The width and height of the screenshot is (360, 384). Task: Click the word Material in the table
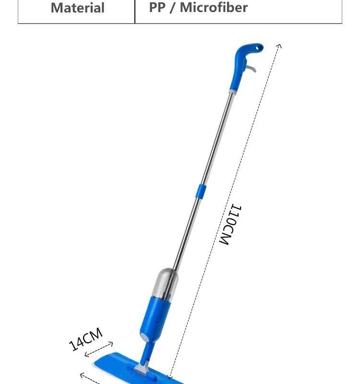point(78,8)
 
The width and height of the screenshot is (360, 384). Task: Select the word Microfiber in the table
point(214,7)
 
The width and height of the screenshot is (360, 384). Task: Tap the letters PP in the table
point(157,7)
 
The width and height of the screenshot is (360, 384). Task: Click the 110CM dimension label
point(230,224)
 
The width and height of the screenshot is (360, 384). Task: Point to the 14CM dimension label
point(85,339)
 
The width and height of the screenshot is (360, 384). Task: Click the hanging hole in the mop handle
point(258,48)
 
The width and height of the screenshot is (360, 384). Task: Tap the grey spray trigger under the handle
point(251,68)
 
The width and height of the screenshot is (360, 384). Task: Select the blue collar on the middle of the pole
point(201,192)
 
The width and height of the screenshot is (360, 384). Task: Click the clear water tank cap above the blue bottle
point(165,284)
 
